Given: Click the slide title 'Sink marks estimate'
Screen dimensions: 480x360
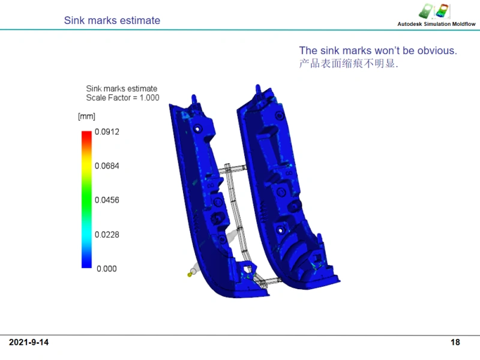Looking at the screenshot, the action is (112, 20).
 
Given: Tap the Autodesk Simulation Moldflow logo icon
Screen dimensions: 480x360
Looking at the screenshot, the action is (434, 11).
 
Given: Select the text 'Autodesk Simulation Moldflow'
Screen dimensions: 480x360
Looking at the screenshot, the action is (437, 24).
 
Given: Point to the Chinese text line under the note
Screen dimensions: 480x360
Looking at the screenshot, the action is (349, 64).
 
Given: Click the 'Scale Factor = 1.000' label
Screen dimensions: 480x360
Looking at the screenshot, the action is (122, 98).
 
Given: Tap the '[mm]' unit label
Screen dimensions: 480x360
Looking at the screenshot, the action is (86, 116).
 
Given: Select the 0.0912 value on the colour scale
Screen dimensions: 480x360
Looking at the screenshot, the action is (107, 131).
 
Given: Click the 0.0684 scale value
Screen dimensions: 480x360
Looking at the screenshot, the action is (107, 166).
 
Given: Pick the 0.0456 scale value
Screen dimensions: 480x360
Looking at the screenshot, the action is (107, 200).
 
